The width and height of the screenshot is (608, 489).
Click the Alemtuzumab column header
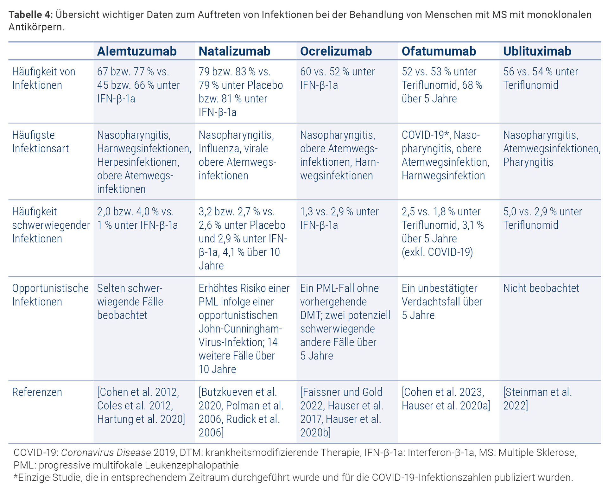click(x=137, y=51)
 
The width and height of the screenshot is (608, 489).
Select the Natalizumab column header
click(x=234, y=51)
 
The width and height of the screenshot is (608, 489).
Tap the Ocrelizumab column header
click(x=336, y=51)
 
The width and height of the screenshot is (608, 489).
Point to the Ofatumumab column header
click(x=439, y=51)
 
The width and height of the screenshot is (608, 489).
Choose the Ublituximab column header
click(x=537, y=51)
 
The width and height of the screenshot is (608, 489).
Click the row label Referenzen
click(x=37, y=392)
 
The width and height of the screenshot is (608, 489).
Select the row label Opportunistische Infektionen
click(x=50, y=295)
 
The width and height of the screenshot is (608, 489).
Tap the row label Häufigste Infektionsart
click(x=40, y=142)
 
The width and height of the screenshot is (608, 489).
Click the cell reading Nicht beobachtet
click(x=541, y=288)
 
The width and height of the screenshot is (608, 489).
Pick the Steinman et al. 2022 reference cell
click(x=537, y=399)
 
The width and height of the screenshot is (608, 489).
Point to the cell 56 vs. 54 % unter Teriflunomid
click(x=540, y=78)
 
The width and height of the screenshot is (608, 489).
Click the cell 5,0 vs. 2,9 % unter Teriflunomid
click(x=542, y=218)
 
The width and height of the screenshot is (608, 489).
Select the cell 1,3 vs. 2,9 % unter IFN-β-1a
click(x=339, y=218)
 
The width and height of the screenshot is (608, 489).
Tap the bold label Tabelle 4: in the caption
click(x=30, y=15)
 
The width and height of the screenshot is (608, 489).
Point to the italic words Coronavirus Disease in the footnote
click(x=106, y=453)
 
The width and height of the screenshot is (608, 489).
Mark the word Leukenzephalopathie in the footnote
click(x=192, y=465)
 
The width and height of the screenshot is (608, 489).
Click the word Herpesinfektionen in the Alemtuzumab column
click(x=138, y=162)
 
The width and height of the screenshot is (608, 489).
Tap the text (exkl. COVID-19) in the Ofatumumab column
click(x=437, y=252)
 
